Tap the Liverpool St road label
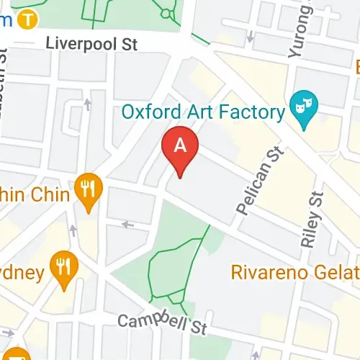tap(91, 43)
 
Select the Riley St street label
tap(310, 220)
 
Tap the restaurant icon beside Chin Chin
tap(89, 190)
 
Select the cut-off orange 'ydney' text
tap(22, 273)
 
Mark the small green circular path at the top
tap(167, 12)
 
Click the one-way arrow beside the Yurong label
tap(250, 36)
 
